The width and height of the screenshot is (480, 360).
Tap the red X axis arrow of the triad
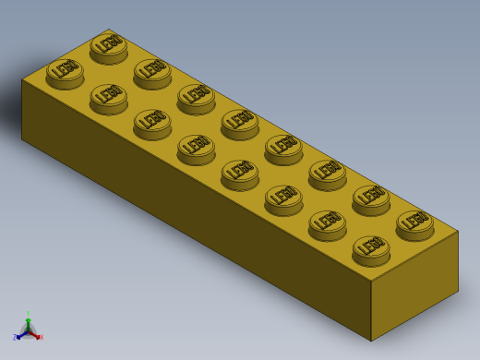tap(38, 336)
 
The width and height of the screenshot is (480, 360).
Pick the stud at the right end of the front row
tap(371, 247)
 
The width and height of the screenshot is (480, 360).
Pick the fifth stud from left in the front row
tap(239, 172)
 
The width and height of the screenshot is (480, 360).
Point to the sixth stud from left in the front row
tap(283, 197)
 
